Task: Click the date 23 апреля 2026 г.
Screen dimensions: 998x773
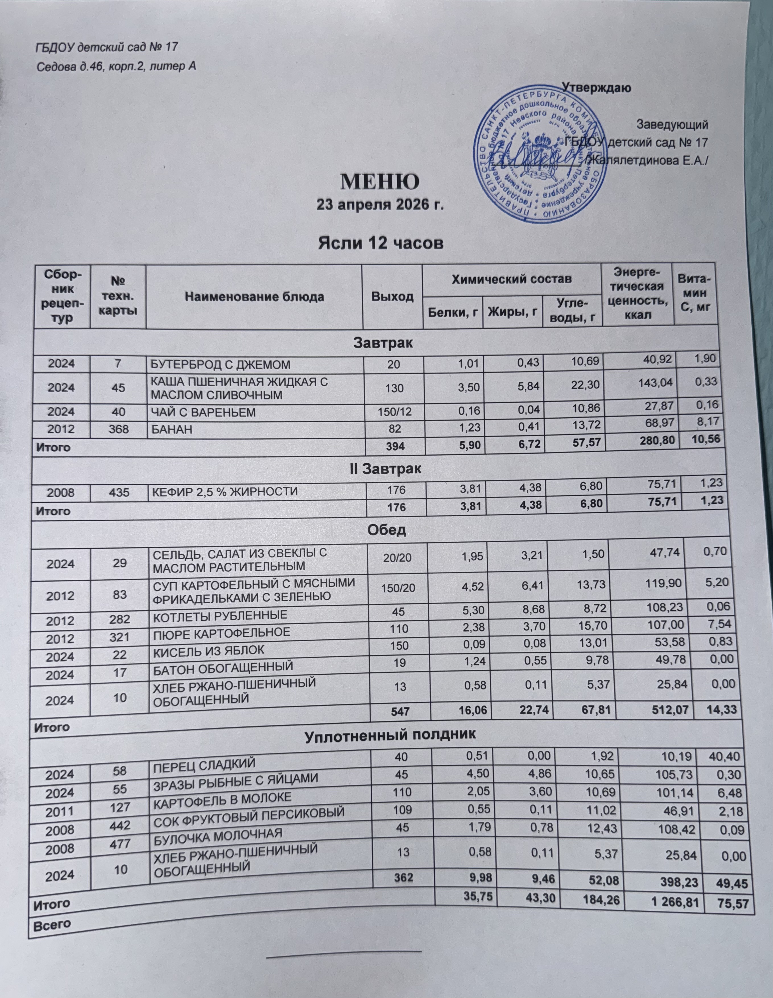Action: coord(380,205)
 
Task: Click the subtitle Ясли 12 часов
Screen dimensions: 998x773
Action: coord(380,243)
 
